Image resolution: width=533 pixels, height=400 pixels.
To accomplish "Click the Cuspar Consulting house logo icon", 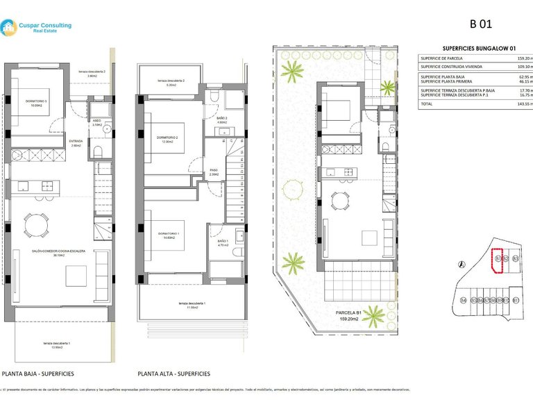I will [9, 28].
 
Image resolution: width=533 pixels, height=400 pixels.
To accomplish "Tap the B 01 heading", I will [481, 24].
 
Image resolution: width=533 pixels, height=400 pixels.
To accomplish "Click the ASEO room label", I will [97, 121].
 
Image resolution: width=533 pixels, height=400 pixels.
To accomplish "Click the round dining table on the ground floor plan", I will [36, 224].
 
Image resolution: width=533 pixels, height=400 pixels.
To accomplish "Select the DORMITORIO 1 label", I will [168, 233].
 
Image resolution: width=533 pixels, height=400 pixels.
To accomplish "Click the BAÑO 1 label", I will [223, 242].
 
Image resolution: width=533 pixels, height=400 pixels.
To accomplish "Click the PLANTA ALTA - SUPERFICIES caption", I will [174, 374].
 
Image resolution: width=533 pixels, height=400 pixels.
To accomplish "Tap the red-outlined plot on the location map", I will [497, 262].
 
